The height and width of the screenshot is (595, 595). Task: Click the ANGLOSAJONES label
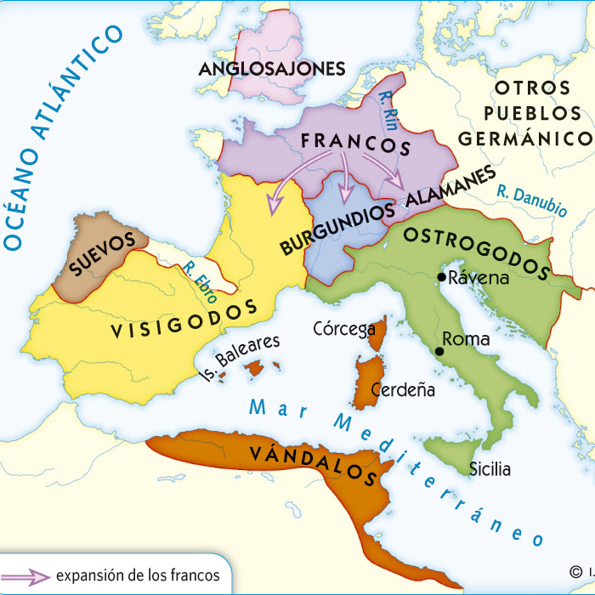click(x=271, y=68)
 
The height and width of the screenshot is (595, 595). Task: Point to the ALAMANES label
click(x=450, y=187)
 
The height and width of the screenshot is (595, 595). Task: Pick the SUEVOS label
click(x=103, y=254)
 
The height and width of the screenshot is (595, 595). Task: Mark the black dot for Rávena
click(x=441, y=277)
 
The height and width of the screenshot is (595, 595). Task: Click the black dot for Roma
click(x=439, y=351)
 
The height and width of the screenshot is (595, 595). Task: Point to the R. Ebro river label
click(x=199, y=281)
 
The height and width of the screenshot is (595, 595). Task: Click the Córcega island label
click(x=344, y=329)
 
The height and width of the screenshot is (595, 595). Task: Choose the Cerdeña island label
click(x=405, y=391)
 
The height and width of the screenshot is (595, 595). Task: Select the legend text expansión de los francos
click(x=137, y=575)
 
